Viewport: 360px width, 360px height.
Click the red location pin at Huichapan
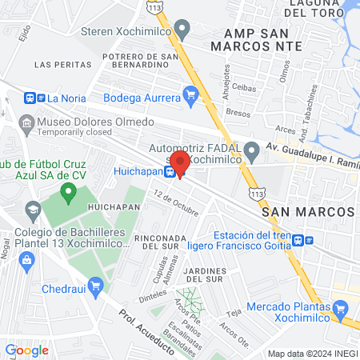coord(180,163)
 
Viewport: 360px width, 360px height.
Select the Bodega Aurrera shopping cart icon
coord(190,96)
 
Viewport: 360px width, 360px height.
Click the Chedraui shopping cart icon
coord(96,284)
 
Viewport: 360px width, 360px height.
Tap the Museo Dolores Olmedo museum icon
coord(23,122)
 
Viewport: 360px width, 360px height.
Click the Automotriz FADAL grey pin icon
coord(252,149)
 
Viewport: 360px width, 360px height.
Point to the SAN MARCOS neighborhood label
coord(308,210)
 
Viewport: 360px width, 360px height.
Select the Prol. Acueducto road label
coord(144,326)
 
